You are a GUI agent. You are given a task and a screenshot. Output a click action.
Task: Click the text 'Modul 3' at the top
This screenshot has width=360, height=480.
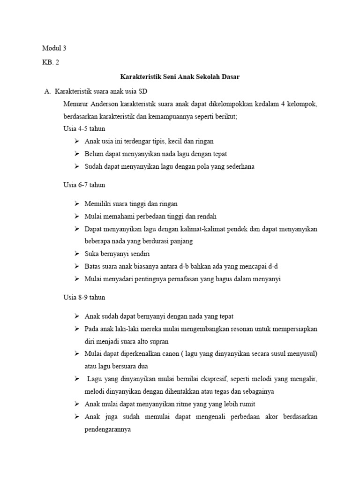click(54, 48)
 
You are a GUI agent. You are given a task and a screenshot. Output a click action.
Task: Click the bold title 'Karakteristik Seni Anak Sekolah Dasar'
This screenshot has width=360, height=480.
click(180, 76)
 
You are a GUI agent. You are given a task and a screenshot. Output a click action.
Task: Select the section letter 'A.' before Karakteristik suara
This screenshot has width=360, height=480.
click(47, 90)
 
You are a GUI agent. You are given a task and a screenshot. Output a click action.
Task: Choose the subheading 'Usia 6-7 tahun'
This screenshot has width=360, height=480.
click(84, 185)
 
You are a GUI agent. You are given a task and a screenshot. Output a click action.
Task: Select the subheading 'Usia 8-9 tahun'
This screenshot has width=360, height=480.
click(84, 297)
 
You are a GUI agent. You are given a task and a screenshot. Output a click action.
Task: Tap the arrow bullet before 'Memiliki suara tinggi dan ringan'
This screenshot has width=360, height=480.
click(77, 204)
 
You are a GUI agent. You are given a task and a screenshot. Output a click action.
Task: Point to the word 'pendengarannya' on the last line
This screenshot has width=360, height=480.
click(107, 428)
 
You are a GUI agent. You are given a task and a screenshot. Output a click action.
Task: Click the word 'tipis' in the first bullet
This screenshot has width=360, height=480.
click(163, 141)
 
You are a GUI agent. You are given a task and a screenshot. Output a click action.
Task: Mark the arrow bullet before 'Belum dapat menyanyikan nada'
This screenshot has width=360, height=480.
click(77, 154)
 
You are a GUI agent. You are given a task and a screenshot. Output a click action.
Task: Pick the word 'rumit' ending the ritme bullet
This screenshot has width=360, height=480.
click(246, 404)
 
